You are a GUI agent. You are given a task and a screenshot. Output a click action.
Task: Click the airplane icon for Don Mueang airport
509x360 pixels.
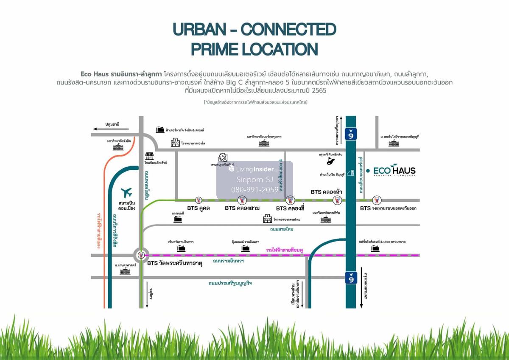pos(126,193)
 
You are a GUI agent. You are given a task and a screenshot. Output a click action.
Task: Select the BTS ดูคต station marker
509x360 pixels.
pos(199,200)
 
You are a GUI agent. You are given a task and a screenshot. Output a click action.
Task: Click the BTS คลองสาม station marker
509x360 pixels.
pos(242,200)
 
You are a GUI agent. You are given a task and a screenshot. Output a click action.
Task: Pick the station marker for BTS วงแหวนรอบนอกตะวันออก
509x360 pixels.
pos(376,200)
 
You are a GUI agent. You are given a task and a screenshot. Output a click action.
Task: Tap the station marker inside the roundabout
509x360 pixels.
pos(141,256)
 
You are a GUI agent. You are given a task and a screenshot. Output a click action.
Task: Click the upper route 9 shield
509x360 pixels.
pos(351,134)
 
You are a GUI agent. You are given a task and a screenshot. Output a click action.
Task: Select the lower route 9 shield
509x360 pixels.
pos(351,278)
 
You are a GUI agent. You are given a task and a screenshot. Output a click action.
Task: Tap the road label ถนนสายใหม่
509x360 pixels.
pos(282,229)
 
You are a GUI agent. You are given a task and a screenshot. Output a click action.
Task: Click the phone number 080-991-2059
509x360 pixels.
pos(255,189)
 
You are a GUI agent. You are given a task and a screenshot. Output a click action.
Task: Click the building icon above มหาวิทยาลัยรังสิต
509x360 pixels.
pos(118,147)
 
